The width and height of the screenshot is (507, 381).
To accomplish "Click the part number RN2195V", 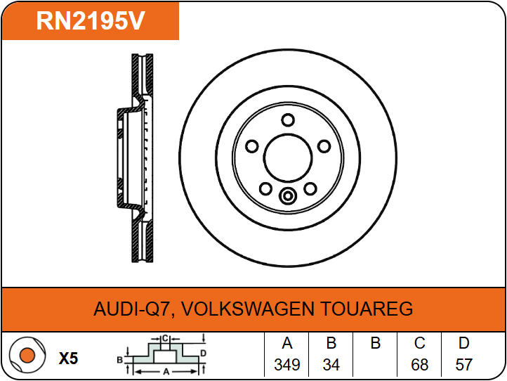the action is coord(90,20).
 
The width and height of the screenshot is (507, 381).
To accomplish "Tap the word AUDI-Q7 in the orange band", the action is coord(131,309).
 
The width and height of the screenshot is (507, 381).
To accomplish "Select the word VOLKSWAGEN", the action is coord(248,309).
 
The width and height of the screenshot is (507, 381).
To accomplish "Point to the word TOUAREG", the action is coord(367,309).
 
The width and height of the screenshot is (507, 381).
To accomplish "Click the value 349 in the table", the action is coord(287,365).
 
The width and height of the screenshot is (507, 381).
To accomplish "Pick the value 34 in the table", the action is coord(331,365).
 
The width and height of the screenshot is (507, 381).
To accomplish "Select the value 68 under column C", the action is coord(419,365).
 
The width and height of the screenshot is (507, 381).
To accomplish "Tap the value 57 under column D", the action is coord(463,365).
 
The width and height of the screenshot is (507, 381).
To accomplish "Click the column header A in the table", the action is coord(287,343).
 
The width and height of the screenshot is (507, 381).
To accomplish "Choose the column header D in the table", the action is coord(463,343).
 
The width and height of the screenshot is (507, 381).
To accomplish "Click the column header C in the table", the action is coord(419,343).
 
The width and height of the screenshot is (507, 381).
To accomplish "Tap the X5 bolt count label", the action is coord(68,359).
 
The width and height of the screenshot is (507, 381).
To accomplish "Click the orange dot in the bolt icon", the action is coord(27,355).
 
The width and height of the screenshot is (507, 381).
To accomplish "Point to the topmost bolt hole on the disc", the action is coord(288,120).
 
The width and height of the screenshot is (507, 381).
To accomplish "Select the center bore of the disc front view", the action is coord(288,158).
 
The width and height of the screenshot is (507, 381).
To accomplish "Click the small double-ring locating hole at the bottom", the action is coord(287,196).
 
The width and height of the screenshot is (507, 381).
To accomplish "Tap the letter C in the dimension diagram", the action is coord(165,339).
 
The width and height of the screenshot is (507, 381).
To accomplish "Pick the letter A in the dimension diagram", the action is coord(166,372).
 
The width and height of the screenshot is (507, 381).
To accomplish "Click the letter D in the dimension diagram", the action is coord(203,353).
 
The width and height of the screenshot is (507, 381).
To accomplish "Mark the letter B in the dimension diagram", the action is coord(119,360).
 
